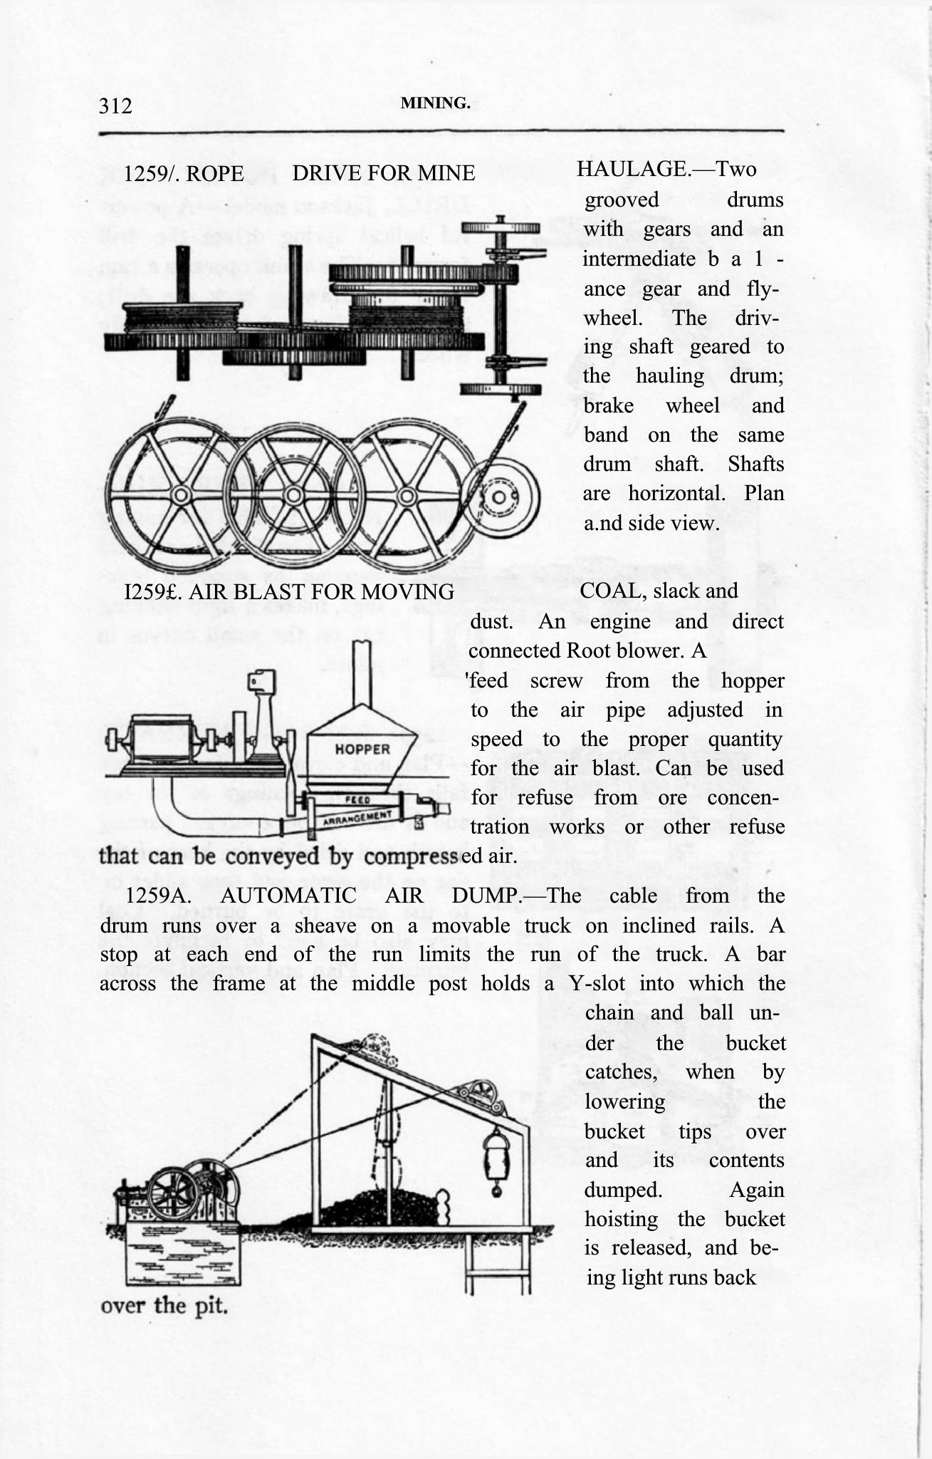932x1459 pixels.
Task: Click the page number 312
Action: (x=115, y=106)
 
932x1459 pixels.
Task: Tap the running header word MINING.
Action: (x=435, y=103)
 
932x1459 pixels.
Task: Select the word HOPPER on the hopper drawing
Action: (x=362, y=749)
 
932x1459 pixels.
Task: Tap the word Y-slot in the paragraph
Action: (x=597, y=984)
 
